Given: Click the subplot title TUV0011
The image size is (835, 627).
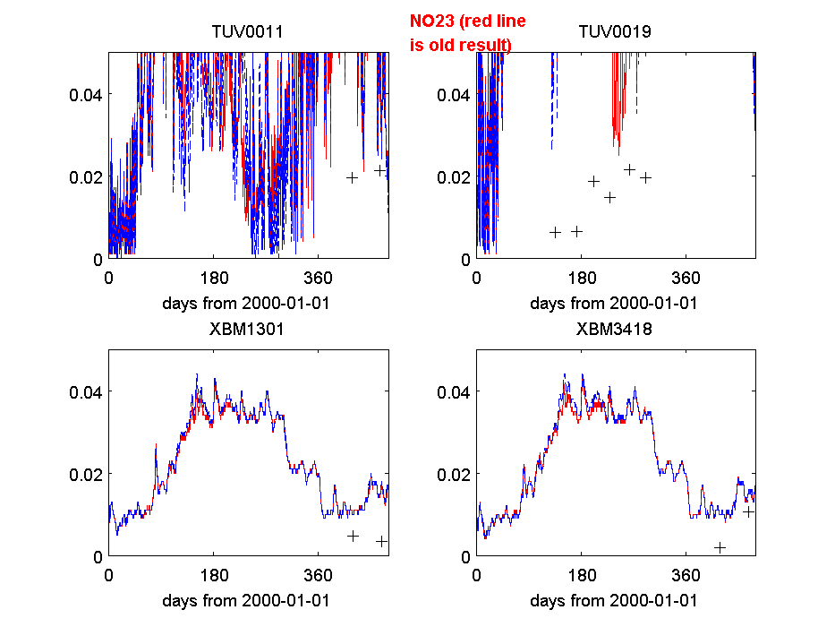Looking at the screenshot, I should coord(247,32).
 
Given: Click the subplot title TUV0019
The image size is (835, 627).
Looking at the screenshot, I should coord(614,32).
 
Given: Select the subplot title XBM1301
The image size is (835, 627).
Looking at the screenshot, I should coord(247,329).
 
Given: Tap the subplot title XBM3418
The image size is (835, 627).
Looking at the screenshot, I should coord(614,329).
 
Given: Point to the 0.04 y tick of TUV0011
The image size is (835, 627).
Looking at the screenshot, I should coord(86,95).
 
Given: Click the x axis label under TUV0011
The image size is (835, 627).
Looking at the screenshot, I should coord(246,303).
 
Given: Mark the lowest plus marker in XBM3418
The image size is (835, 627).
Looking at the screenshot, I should coord(720,547).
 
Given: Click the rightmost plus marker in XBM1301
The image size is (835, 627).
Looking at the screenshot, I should coord(381,541).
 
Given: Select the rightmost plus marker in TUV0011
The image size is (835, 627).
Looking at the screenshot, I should coord(379,170).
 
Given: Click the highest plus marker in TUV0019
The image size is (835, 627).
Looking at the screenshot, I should coord(629,169).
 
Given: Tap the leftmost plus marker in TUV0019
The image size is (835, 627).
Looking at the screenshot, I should coord(555,232).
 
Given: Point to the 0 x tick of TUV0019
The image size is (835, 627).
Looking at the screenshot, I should coord(476,279).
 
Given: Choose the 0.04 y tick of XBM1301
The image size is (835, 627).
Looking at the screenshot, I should coord(86,391).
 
